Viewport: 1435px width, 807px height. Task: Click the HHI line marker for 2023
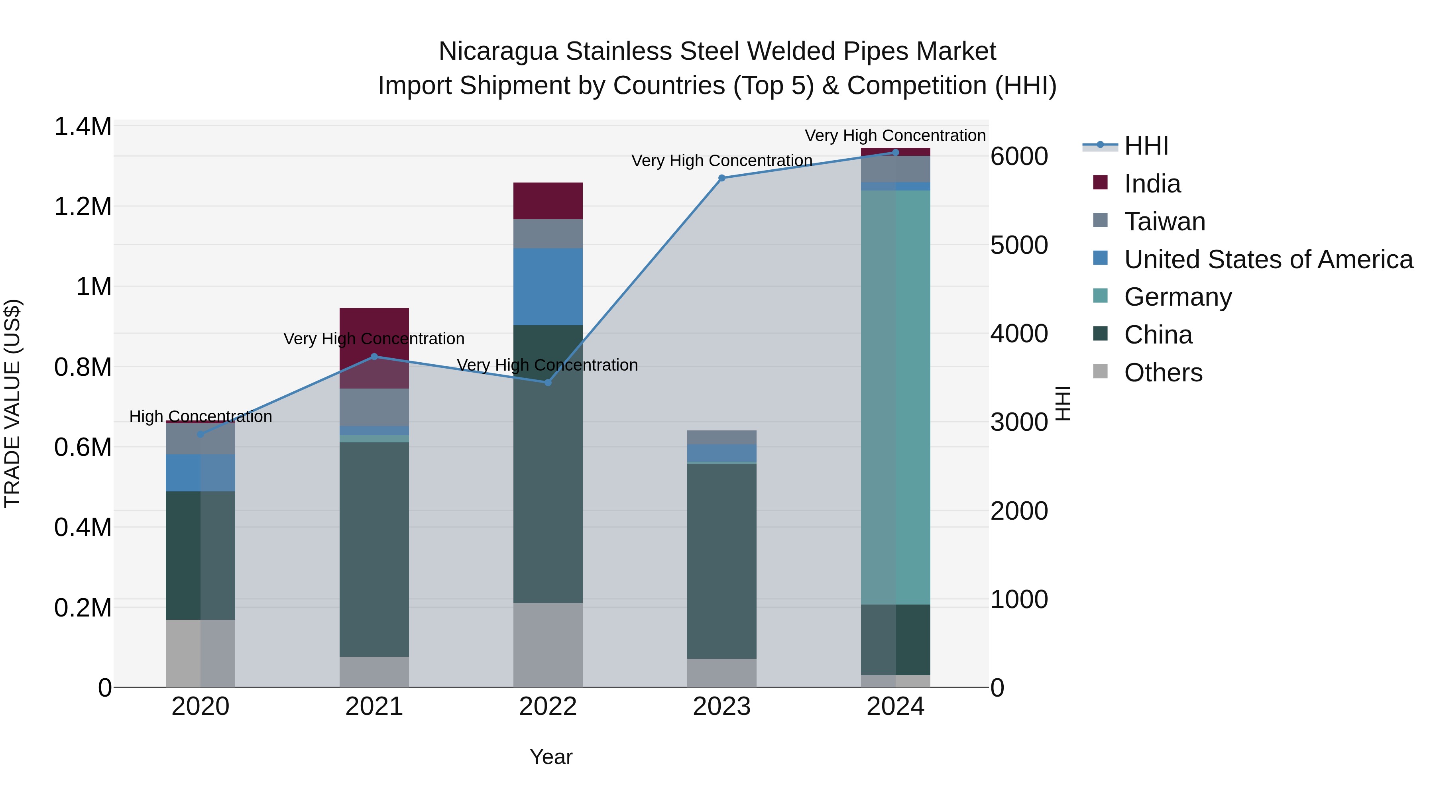[x=721, y=178]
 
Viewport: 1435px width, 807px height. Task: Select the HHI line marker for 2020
[x=201, y=434]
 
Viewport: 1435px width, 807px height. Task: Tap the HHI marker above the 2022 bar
[x=548, y=383]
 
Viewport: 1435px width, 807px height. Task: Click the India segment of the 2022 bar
[x=548, y=200]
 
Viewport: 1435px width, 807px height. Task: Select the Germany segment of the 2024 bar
[x=895, y=397]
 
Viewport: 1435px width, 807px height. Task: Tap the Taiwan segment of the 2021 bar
[x=374, y=407]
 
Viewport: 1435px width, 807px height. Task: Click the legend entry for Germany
[x=1177, y=297]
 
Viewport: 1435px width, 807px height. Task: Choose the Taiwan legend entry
[x=1164, y=222]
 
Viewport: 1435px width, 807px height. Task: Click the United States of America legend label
[x=1268, y=259]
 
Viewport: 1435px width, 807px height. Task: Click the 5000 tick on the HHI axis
[x=1019, y=245]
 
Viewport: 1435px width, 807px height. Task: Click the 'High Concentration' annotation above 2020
[x=201, y=416]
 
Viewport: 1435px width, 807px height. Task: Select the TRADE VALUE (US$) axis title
[x=12, y=403]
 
